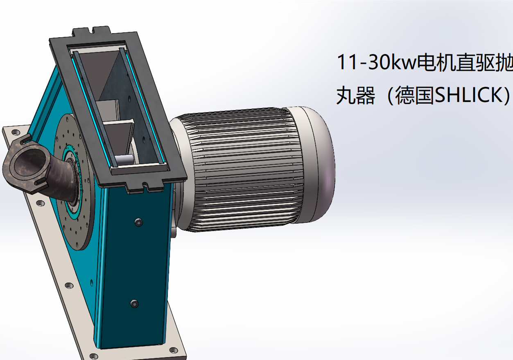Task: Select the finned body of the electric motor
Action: tap(242, 170)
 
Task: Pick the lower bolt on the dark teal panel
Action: tap(134, 304)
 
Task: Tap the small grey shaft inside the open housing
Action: tap(124, 159)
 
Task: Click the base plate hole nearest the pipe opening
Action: tap(15, 132)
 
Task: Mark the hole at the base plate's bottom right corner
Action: tap(174, 350)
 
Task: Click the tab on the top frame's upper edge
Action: tap(92, 31)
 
